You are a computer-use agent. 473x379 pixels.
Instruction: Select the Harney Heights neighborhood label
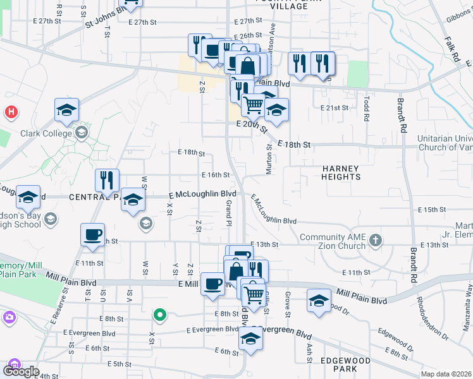pos(340,172)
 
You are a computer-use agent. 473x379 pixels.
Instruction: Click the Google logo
pos(21,371)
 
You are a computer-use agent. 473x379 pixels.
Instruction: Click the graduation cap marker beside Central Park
pos(132,199)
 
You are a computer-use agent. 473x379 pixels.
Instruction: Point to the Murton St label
pos(268,155)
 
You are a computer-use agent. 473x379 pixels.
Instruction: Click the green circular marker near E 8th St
pos(161,314)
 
